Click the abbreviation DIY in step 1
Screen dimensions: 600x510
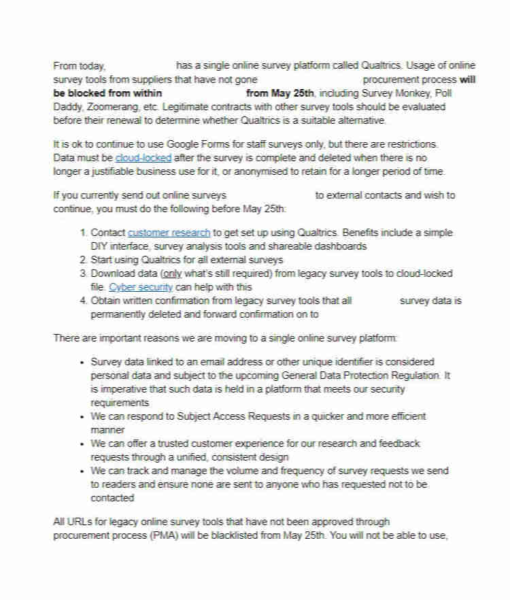click(x=100, y=246)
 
